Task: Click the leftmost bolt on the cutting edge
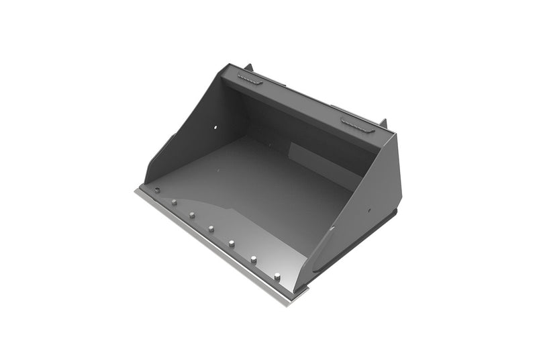click(x=156, y=190)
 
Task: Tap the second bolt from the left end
click(x=174, y=202)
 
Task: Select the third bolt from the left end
click(x=192, y=215)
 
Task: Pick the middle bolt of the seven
click(x=211, y=228)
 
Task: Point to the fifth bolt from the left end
click(x=232, y=242)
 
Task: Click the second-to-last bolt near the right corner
click(x=254, y=259)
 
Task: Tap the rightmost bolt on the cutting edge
click(x=277, y=275)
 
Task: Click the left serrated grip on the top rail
click(x=250, y=80)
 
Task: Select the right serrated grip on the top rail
click(x=358, y=125)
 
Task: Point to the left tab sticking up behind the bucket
click(x=249, y=68)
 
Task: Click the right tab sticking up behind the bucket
click(x=383, y=124)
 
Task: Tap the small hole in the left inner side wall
click(x=215, y=128)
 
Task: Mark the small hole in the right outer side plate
click(x=369, y=209)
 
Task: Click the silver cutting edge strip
click(x=215, y=249)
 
